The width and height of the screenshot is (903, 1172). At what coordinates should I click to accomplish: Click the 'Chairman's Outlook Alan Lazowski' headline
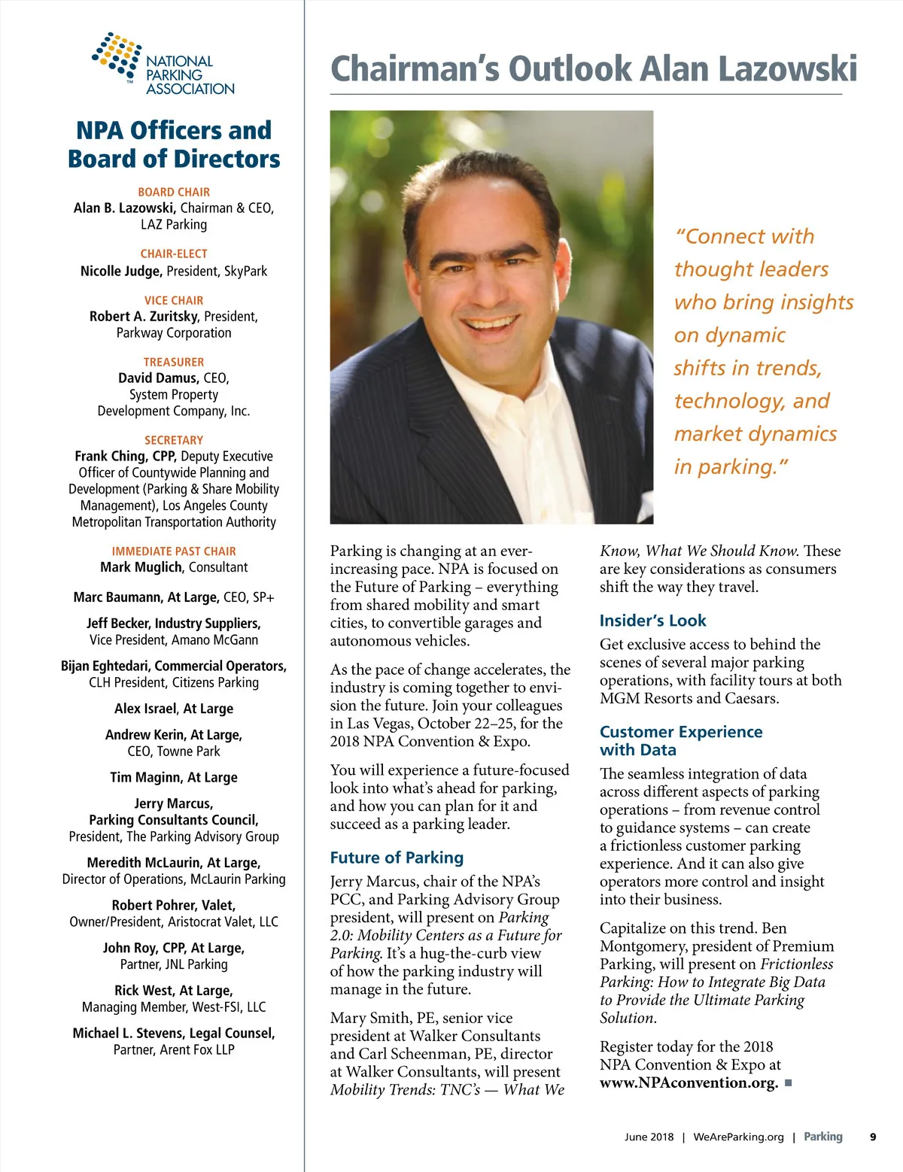(593, 68)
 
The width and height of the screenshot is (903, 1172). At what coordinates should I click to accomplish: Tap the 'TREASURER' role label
(174, 362)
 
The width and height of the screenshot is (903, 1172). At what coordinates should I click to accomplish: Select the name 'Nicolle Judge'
(120, 271)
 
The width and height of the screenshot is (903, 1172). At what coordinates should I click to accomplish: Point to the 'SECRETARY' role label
(174, 440)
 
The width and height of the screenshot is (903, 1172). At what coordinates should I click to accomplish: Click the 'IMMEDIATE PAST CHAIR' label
(174, 551)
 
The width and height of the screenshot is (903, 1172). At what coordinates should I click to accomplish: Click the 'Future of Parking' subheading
(397, 858)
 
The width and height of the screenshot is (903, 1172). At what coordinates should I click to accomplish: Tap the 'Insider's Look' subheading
(652, 621)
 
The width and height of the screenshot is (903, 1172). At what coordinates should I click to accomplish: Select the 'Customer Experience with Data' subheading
(680, 740)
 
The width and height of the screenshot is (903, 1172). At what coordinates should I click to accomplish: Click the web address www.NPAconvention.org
(689, 1082)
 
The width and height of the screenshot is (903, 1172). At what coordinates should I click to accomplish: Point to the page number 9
(873, 1137)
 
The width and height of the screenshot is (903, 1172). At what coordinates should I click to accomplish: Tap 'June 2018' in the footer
(649, 1137)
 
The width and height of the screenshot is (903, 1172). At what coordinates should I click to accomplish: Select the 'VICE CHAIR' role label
(174, 300)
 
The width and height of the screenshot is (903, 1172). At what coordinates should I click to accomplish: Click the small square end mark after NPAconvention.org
(788, 1082)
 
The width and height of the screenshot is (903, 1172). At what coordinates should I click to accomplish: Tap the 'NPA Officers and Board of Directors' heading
(174, 144)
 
